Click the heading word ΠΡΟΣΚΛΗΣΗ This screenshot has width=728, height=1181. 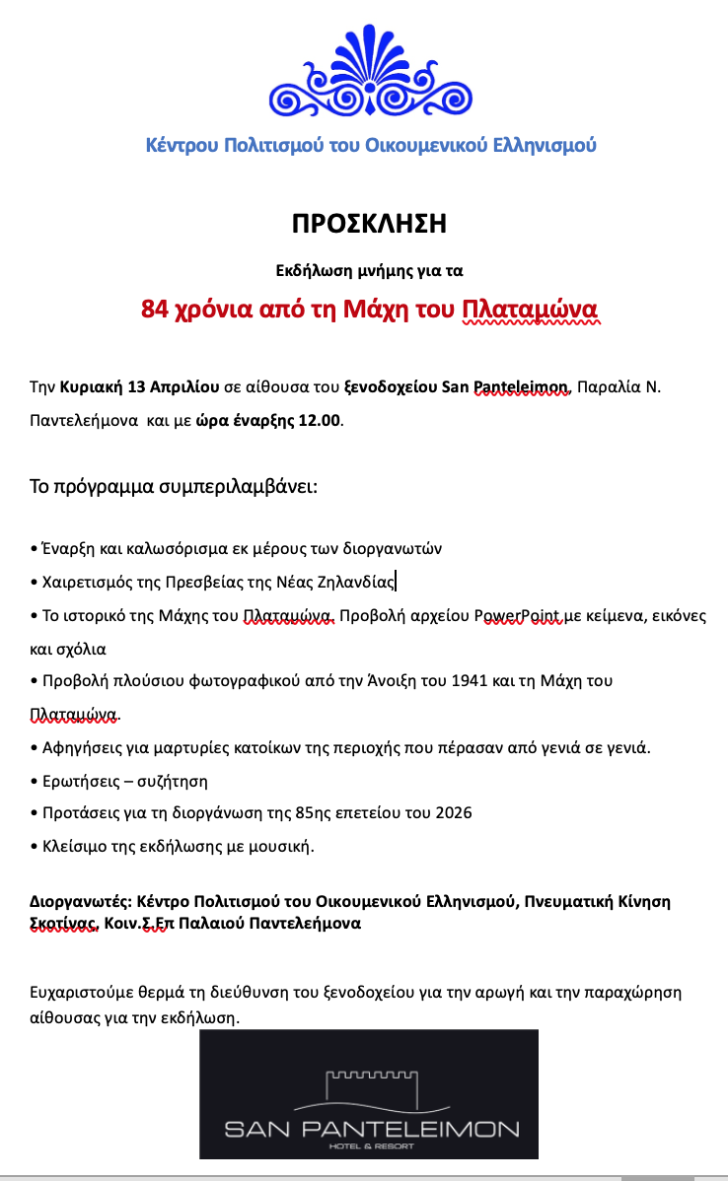tap(369, 224)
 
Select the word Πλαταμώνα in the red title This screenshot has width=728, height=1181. tap(531, 310)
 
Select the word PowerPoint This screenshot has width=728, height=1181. tap(517, 616)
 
